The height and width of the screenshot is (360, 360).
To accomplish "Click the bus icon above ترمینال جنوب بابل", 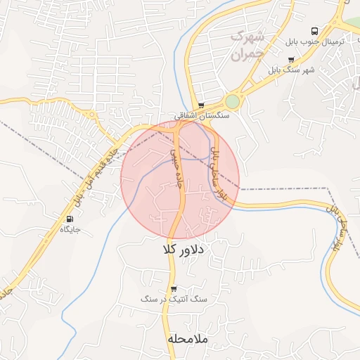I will [x=314, y=31].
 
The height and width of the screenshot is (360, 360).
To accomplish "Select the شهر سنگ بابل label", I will [x=291, y=70].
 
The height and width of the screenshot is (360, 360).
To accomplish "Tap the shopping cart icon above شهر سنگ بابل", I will [x=291, y=60].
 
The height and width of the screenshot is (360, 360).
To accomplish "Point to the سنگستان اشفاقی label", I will [x=202, y=115].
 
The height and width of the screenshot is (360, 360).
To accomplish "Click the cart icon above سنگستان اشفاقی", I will [x=202, y=105].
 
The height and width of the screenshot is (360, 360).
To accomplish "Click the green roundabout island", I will [x=232, y=102].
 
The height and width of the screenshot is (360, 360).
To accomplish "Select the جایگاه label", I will [x=70, y=229].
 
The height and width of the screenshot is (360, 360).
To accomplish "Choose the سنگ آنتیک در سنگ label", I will [x=174, y=299].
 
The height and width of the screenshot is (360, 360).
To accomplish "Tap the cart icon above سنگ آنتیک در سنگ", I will [x=174, y=288].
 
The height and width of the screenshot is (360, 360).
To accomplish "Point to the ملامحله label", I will [x=188, y=339].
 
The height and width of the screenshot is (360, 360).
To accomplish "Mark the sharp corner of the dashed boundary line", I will [x=328, y=188].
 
